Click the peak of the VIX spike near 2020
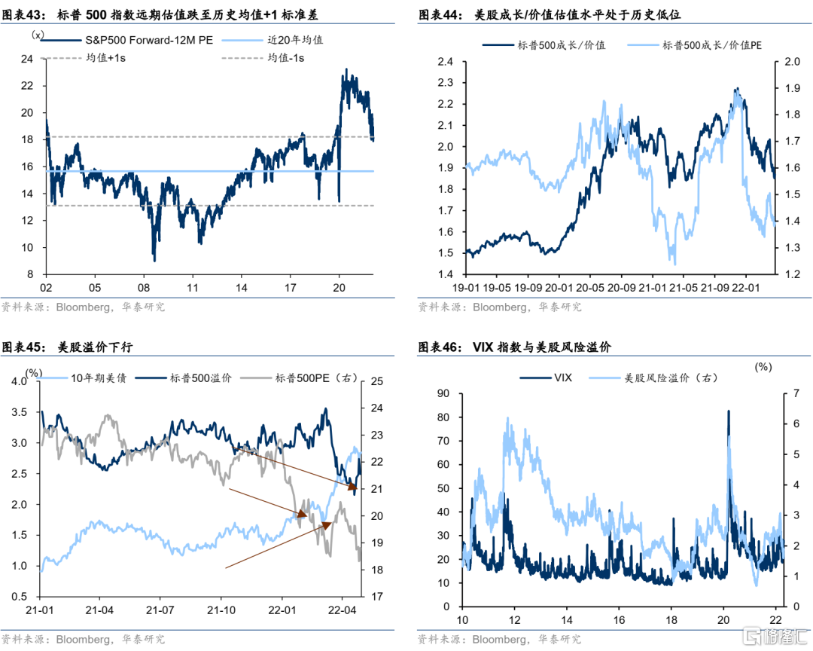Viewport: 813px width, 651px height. point(728,411)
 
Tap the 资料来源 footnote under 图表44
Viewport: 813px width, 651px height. point(500,307)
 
